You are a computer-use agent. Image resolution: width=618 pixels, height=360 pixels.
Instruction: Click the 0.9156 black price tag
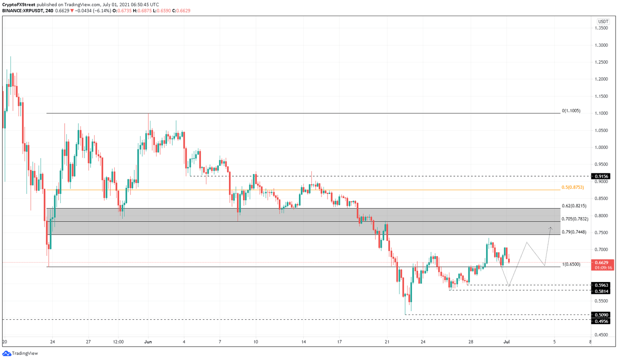[601, 176]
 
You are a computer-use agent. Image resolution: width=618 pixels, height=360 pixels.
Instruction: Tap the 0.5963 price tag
[601, 285]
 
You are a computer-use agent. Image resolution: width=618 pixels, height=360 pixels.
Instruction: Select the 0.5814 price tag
[601, 291]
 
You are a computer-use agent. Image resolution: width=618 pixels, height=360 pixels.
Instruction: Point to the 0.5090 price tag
[601, 315]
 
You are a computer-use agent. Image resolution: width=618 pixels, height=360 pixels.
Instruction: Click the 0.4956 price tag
[601, 321]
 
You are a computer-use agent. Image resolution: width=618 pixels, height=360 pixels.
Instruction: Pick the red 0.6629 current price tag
[602, 262]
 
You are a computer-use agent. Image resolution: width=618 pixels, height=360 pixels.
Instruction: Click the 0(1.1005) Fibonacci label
[571, 111]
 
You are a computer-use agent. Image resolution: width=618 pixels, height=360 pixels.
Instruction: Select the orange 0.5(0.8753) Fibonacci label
[573, 187]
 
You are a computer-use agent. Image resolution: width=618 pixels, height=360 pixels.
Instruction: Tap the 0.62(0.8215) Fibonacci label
[574, 206]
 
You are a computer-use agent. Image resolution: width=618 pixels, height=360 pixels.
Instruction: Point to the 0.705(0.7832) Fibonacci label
[575, 219]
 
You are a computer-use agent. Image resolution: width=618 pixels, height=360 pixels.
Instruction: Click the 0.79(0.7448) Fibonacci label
[574, 232]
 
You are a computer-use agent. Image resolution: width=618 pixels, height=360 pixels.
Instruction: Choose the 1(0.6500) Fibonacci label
[571, 264]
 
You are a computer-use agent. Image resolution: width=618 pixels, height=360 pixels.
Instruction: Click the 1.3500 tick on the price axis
[602, 28]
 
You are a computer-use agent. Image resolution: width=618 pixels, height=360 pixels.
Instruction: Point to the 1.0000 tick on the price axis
[602, 148]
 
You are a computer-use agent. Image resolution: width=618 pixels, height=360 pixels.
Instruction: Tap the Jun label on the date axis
[148, 342]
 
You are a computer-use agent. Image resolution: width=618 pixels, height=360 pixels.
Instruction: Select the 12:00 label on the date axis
[118, 342]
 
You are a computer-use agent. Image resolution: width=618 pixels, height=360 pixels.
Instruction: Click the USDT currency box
[603, 22]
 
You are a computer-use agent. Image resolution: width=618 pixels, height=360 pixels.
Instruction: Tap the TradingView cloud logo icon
[6, 354]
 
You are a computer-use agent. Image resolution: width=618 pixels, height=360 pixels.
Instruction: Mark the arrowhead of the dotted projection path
[550, 228]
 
